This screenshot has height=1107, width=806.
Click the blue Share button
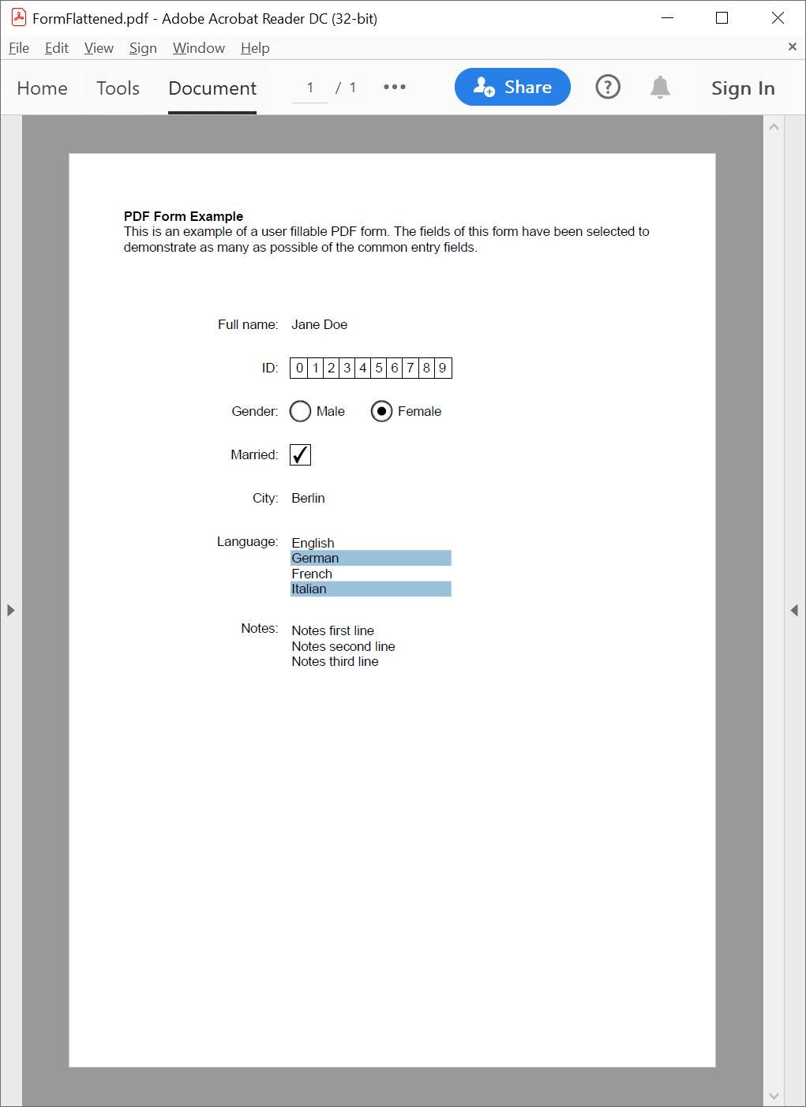(x=512, y=87)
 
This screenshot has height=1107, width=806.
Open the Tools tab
(x=118, y=88)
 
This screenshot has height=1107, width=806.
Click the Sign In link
(x=742, y=88)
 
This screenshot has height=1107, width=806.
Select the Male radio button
(x=301, y=411)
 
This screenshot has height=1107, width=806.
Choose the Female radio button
(x=381, y=411)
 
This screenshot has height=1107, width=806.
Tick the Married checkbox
(x=300, y=454)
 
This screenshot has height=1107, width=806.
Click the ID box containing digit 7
(x=410, y=368)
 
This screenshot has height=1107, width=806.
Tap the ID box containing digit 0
(x=299, y=368)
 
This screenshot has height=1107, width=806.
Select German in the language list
(x=316, y=558)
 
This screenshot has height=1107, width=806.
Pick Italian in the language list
(x=309, y=589)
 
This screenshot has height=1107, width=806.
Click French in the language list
(x=312, y=574)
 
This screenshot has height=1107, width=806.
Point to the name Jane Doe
(x=319, y=324)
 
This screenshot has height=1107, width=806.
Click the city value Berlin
(x=308, y=498)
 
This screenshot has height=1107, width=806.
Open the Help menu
(x=255, y=48)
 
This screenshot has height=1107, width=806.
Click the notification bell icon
(x=660, y=87)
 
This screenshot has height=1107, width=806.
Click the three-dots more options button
(x=395, y=87)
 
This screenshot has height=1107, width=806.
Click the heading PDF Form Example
(x=183, y=216)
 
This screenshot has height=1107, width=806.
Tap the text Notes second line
(x=343, y=646)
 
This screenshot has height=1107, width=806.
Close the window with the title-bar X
(x=778, y=18)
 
